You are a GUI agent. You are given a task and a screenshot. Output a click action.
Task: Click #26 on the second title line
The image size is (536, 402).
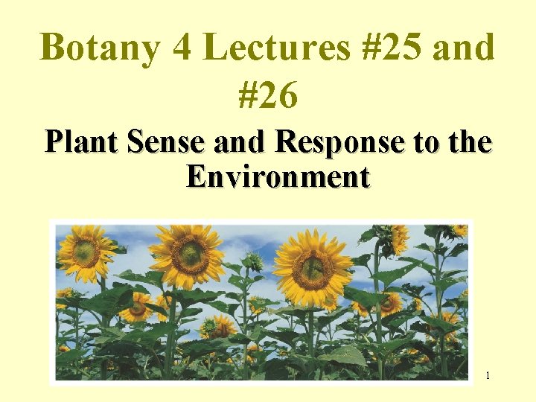click(268, 95)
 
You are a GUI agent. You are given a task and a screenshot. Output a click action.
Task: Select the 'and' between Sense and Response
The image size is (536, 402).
click(240, 141)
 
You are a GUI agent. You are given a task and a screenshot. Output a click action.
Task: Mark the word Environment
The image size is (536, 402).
click(278, 177)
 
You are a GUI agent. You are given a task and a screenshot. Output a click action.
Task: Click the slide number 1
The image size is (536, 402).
click(488, 375)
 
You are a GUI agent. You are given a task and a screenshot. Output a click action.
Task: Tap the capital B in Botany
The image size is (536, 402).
click(51, 48)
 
